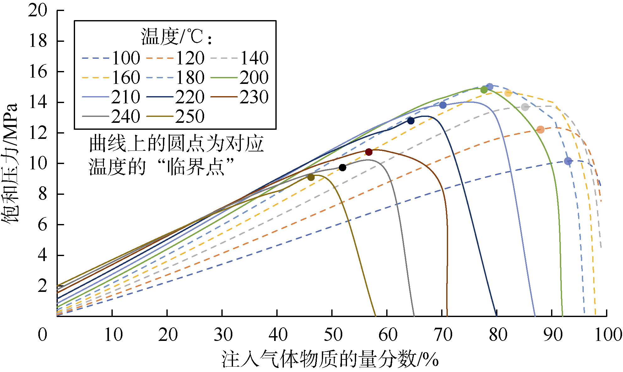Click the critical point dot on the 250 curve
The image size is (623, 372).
point(311,177)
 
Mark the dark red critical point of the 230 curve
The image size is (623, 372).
point(369,152)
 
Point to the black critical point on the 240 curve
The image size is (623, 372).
point(343,167)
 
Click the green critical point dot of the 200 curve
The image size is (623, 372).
point(484,90)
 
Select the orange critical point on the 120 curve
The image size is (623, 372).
point(540,129)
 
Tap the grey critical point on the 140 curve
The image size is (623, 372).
point(525,107)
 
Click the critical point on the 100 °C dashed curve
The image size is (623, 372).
point(568,161)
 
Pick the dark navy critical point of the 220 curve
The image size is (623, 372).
point(411,121)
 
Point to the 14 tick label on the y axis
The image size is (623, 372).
point(38,102)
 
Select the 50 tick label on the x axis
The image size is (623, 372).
point(333,335)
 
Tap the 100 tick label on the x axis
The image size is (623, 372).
point(608,335)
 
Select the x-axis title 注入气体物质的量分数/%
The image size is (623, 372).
point(330,359)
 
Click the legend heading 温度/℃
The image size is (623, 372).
point(176,37)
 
